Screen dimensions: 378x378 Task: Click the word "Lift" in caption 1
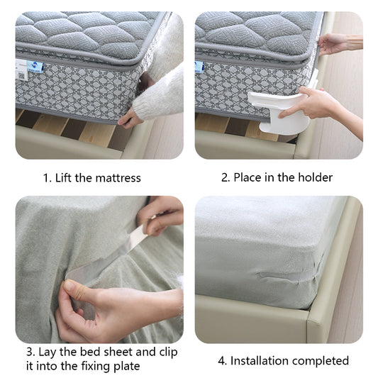(63, 178)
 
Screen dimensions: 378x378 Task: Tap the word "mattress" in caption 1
(118, 178)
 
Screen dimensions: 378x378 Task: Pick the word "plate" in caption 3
(126, 367)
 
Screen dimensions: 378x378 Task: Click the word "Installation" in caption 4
(260, 361)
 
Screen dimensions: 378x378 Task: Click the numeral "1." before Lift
(48, 178)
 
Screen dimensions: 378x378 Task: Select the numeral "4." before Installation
(223, 361)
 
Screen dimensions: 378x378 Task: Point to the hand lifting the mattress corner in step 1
(130, 118)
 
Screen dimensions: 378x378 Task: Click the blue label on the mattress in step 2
(199, 67)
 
